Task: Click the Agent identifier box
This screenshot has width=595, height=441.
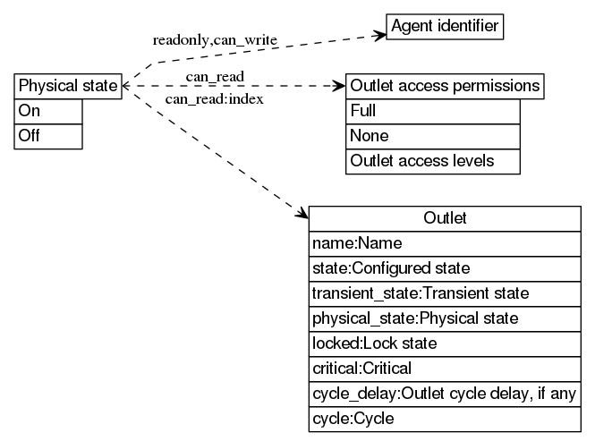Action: tap(445, 27)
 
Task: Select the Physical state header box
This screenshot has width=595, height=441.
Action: tap(68, 86)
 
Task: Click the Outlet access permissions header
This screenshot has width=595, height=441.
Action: tap(445, 86)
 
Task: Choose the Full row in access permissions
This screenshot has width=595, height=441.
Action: tap(432, 111)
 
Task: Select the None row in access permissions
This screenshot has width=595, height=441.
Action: tap(432, 136)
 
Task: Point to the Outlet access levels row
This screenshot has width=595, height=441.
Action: tap(432, 161)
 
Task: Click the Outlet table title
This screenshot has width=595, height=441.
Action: tap(445, 218)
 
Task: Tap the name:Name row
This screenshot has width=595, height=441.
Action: tap(445, 243)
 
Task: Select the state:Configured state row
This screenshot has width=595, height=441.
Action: tap(445, 268)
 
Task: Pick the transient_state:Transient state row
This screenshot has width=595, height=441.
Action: tap(445, 293)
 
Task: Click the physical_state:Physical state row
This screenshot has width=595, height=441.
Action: tap(445, 318)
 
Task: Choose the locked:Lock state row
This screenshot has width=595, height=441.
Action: tap(445, 343)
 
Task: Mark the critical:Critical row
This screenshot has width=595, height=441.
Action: tap(445, 369)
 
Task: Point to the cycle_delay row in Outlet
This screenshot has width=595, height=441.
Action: tap(445, 394)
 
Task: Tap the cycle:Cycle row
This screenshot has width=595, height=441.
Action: tap(445, 419)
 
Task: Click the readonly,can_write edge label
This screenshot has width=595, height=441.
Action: tap(215, 40)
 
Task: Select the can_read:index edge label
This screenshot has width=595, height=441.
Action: tap(214, 98)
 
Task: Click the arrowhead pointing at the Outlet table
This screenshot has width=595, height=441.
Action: tap(302, 214)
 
